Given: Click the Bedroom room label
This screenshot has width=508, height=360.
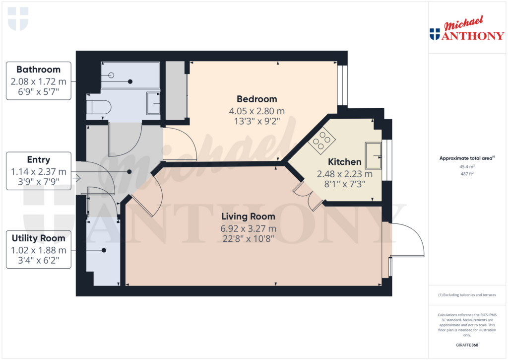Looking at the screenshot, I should [x=256, y=99].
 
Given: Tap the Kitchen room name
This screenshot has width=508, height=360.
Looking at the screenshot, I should [x=344, y=162].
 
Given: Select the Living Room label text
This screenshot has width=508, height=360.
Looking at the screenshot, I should [x=248, y=216].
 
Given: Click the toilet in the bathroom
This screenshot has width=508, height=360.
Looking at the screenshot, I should [x=98, y=107].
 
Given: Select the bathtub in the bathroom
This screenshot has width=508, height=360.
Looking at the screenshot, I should [x=130, y=75].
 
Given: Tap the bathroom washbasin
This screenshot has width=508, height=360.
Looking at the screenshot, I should [x=154, y=103].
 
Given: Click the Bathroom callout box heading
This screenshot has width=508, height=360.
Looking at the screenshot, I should [x=38, y=70].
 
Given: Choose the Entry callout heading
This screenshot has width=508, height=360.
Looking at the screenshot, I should [x=38, y=159].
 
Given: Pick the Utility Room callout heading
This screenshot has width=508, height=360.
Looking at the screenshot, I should [x=38, y=238].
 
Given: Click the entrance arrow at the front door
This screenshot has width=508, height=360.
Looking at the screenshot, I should [x=76, y=177].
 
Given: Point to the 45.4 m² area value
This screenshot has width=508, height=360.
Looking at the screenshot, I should [x=467, y=167].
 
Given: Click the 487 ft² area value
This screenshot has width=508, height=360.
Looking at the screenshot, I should [x=467, y=174].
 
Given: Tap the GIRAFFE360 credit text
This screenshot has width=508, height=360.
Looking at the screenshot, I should [x=467, y=345].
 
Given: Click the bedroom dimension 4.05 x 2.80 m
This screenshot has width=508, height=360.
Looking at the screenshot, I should [x=256, y=111].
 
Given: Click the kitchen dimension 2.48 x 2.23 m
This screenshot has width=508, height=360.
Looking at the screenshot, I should [x=344, y=174].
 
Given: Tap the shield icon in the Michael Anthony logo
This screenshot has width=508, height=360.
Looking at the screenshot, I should [x=435, y=34].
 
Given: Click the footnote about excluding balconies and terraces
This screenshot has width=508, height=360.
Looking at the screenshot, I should [x=467, y=295].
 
